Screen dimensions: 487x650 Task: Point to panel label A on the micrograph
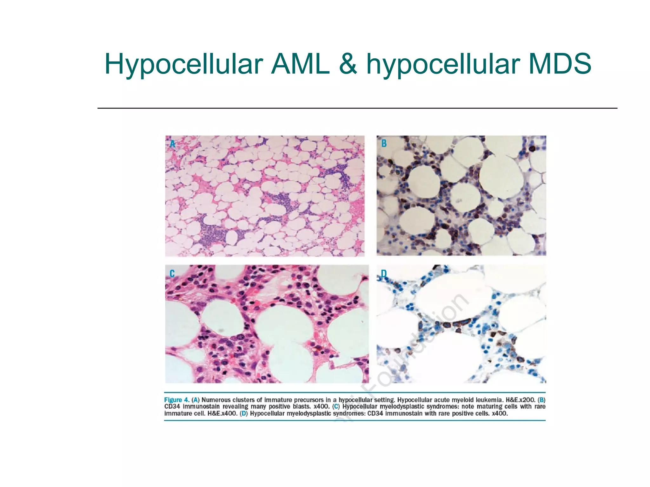(172, 144)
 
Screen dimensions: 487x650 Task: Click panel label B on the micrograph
(384, 144)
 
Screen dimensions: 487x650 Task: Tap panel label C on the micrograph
(172, 274)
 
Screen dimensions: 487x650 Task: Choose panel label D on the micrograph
(384, 274)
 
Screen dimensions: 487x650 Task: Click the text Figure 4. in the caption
(176, 400)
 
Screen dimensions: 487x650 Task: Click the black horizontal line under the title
(357, 108)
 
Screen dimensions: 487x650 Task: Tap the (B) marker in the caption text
(542, 400)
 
